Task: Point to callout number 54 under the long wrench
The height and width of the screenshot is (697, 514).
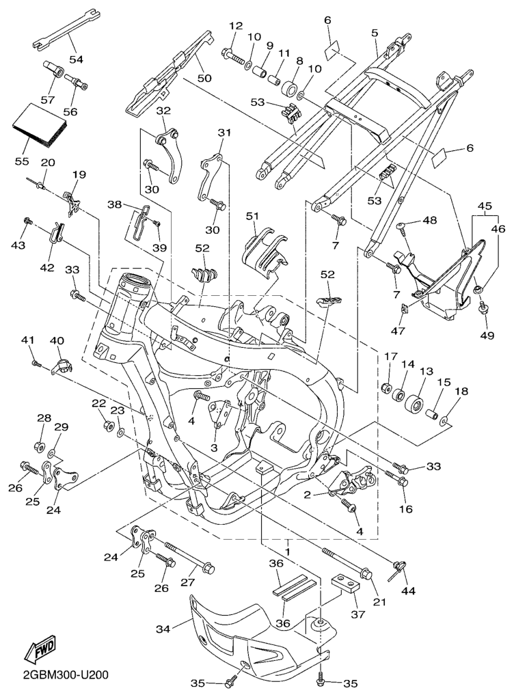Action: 76,59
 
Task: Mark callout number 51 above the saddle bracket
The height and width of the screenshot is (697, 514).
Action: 253,217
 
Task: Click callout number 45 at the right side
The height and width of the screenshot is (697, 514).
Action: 485,206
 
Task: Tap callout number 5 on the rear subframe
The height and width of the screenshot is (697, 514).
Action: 375,32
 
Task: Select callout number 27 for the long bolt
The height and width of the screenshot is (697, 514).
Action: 188,583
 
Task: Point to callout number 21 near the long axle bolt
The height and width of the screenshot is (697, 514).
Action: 379,601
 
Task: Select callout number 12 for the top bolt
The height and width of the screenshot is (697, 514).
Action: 236,27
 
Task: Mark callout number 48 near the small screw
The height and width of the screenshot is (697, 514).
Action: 429,220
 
